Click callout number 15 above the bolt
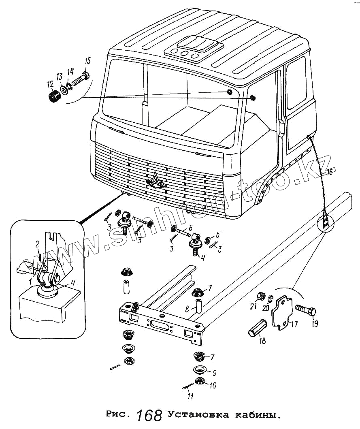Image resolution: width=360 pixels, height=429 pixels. pos(87,61)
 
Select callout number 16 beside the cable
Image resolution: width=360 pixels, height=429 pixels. pos(330,172)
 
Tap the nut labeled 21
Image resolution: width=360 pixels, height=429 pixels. pos(261,296)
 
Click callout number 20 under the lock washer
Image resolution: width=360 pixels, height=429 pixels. pos(266,308)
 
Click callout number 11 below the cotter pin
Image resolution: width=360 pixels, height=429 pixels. pos(191,396)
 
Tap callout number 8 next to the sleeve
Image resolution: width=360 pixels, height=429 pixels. pos(187,309)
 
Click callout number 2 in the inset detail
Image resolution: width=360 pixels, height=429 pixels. pos(38,244)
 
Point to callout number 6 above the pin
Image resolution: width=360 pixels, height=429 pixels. pos(191,228)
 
